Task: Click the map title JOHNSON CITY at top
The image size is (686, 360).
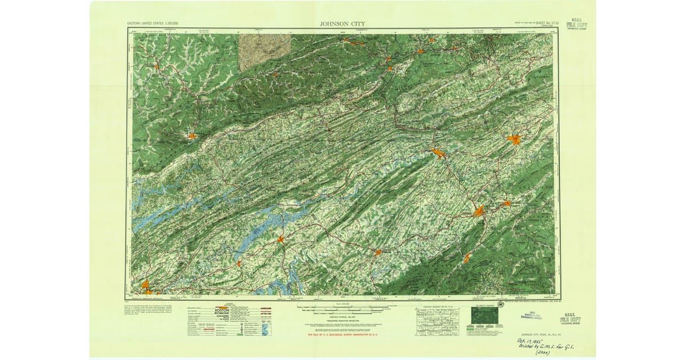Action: coord(343,23)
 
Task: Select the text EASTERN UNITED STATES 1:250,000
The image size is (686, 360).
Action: coord(153,24)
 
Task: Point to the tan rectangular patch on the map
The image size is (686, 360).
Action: coord(265,51)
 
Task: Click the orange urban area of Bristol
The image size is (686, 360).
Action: coord(514,139)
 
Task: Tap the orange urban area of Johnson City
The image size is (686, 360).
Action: coord(478,211)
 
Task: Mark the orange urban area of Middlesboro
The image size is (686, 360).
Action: coord(192,136)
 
